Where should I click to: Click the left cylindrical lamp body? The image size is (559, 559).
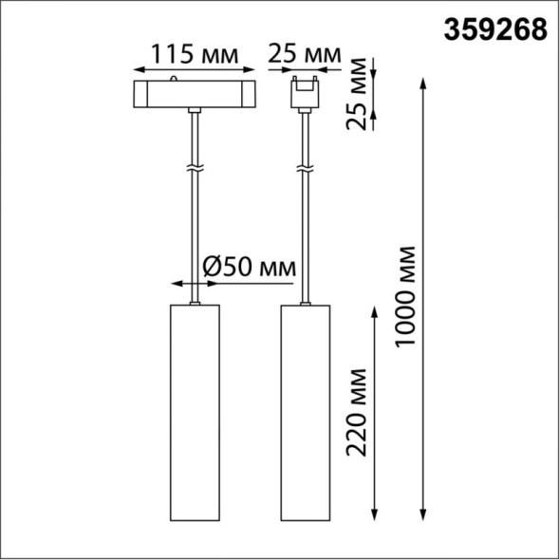[x=194, y=412]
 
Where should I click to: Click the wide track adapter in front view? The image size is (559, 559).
[x=194, y=96]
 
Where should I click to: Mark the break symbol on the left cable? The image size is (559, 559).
[x=194, y=168]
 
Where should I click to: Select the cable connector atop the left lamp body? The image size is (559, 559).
[x=194, y=303]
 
